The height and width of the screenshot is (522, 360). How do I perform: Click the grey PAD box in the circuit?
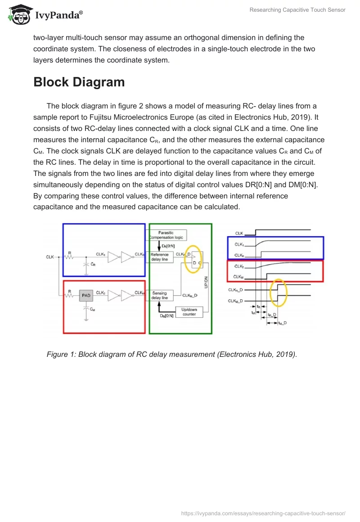coord(85,296)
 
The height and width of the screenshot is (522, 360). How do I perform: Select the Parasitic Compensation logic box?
coord(166,235)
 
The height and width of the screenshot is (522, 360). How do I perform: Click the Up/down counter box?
coord(189,312)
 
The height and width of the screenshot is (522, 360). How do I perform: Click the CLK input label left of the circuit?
coord(50,257)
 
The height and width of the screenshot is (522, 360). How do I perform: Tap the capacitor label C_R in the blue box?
coord(93,265)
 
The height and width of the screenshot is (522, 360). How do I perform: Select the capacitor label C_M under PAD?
coord(92,309)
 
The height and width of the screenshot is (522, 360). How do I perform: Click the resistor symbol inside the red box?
coord(69,296)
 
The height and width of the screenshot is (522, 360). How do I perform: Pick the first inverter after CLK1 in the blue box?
coord(113,257)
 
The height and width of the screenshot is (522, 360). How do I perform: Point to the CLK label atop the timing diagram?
coord(239,233)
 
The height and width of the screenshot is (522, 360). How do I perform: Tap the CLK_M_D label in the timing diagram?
coord(235,301)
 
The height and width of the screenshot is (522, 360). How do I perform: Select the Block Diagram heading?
coord(79,82)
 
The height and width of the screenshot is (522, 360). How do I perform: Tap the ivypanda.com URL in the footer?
coord(263,513)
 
